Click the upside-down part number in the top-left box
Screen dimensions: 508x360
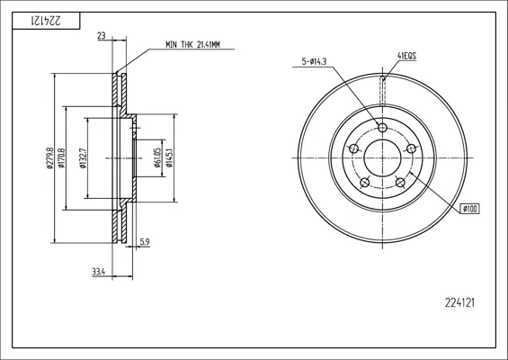tap(46, 21)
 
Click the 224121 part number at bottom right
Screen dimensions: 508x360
tap(459, 303)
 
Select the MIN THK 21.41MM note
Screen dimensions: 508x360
tap(192, 45)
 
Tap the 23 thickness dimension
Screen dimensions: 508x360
tap(102, 36)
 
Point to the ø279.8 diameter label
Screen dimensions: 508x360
tap(49, 157)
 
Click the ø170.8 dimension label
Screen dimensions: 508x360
tap(61, 157)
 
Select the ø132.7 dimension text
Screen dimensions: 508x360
tap(83, 157)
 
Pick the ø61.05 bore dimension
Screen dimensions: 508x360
tap(157, 157)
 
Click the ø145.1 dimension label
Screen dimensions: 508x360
tap(169, 157)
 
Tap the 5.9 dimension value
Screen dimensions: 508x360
tap(145, 241)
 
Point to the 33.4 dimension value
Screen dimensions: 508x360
tap(99, 272)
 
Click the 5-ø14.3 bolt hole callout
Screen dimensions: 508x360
tap(314, 61)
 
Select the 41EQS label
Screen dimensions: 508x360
tap(406, 56)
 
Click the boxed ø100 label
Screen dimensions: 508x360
tap(469, 209)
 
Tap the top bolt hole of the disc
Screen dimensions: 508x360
tap(383, 127)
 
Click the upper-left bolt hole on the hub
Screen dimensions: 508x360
tap(353, 148)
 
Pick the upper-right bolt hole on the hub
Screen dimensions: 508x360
tap(411, 148)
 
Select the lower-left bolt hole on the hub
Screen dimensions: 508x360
tap(365, 183)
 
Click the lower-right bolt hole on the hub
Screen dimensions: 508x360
tap(400, 183)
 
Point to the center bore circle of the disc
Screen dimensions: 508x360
tap(383, 139)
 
